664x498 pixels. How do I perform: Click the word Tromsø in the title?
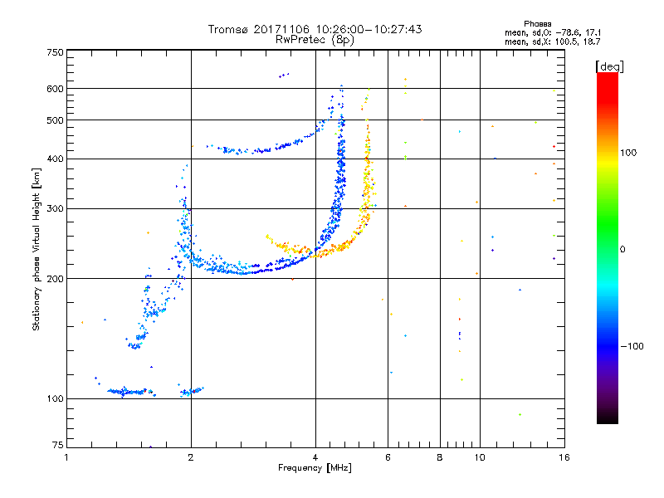click(227, 29)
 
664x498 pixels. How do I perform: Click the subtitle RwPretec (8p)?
click(315, 40)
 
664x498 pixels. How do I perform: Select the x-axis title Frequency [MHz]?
click(315, 468)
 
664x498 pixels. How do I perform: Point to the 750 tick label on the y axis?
click(56, 52)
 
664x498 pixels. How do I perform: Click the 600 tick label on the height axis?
click(56, 89)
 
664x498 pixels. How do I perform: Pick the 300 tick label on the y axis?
click(56, 209)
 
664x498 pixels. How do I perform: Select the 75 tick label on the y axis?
click(58, 445)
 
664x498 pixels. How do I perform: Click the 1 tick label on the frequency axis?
click(66, 457)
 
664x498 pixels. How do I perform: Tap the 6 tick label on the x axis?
click(388, 457)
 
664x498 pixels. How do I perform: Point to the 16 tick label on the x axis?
click(564, 457)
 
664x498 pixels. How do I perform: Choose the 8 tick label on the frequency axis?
click(440, 457)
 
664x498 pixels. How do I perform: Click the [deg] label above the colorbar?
click(609, 66)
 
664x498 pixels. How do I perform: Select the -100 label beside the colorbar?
click(632, 346)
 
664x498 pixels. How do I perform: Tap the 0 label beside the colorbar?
click(622, 250)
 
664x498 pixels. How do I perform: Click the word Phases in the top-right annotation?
click(537, 24)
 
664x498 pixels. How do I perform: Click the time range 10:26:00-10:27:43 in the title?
click(369, 29)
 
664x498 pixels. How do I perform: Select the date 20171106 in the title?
click(281, 29)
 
